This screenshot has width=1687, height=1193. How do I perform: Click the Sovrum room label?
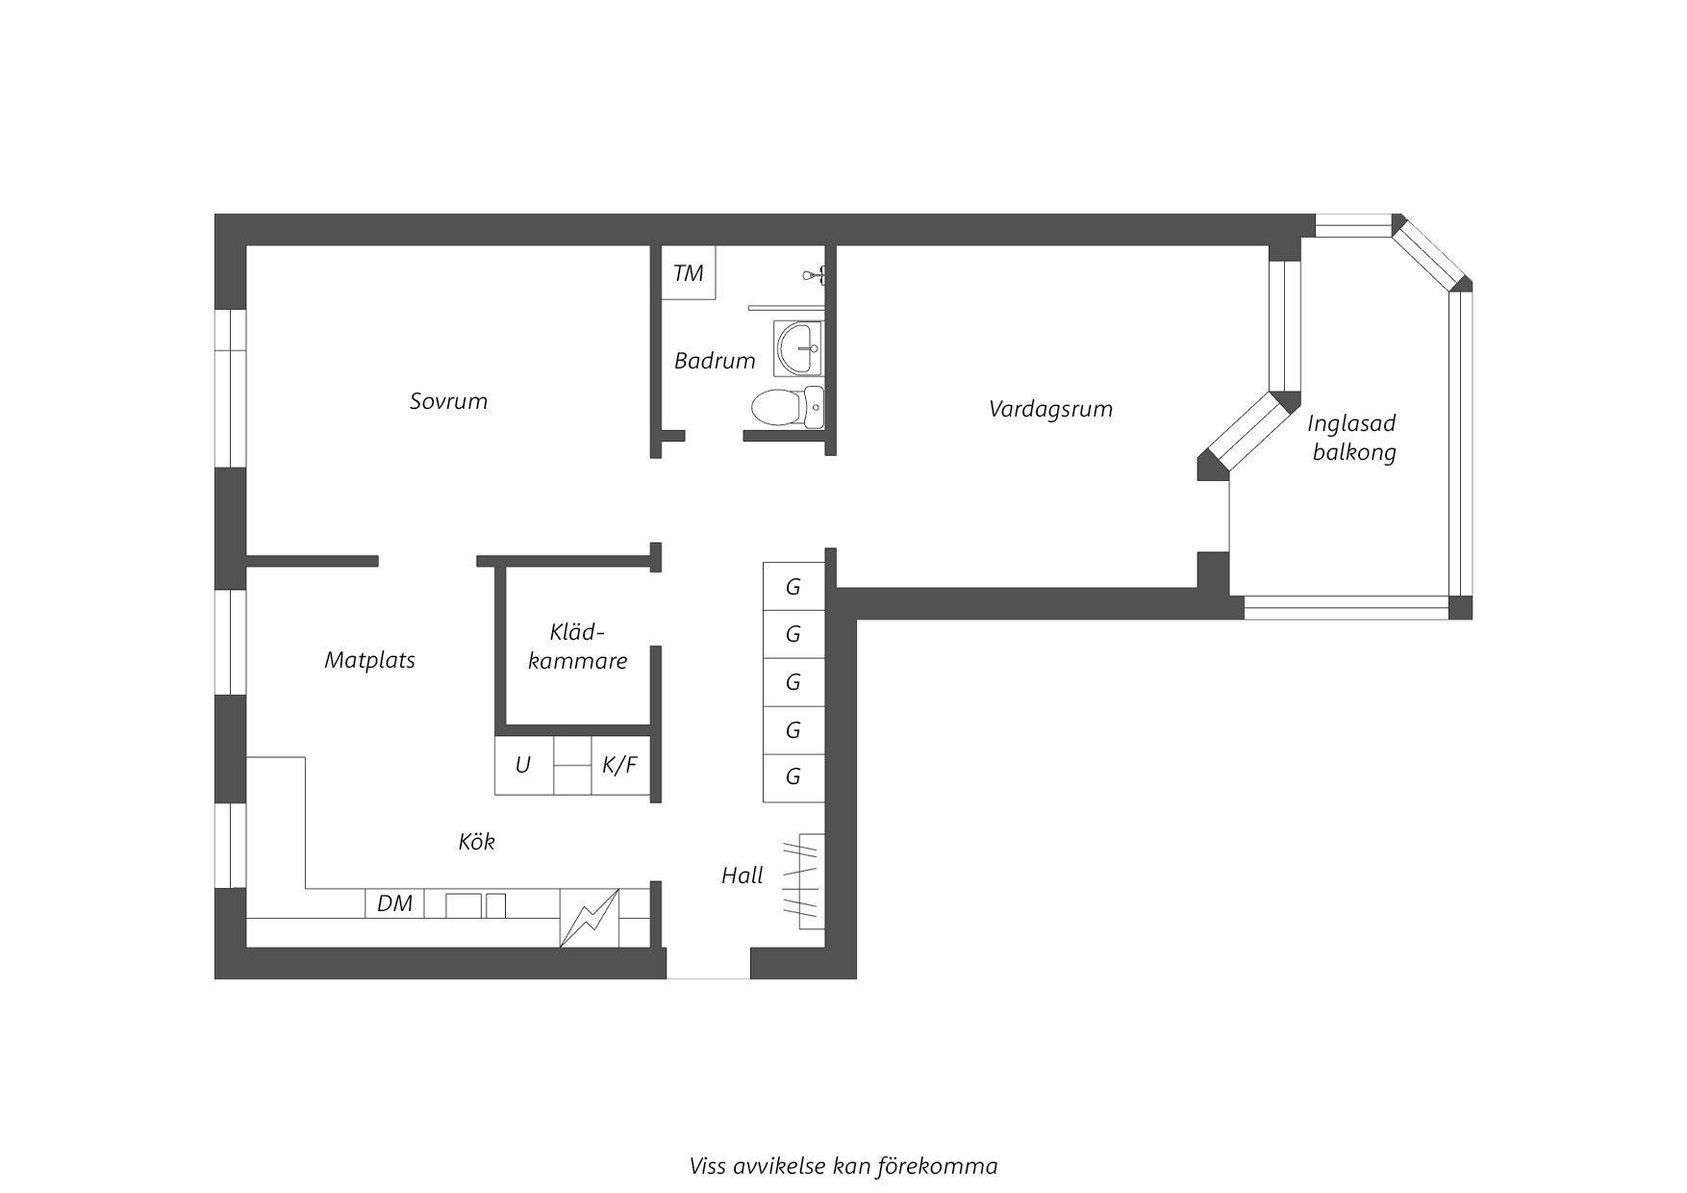448,401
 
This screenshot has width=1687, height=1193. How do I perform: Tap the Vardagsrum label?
1050,409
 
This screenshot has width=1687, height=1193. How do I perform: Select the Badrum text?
715,361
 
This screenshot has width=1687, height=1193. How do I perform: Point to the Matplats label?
369,660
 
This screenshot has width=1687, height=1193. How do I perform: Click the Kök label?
476,842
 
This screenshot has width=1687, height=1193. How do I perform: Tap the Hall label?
743,876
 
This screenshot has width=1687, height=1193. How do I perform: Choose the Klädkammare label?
578,647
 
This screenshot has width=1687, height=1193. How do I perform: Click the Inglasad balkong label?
1353,438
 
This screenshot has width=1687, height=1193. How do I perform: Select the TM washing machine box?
689,273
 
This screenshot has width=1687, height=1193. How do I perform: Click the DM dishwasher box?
394,903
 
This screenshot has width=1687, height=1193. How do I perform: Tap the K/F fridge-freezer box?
620,765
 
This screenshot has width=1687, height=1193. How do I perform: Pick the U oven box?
523,765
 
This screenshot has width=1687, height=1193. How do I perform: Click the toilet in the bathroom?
787,407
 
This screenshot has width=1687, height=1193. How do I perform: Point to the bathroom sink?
798,347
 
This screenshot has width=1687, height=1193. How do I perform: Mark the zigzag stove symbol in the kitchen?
590,918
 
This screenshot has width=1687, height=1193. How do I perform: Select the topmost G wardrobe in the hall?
793,586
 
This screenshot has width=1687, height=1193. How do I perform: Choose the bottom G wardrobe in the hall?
793,777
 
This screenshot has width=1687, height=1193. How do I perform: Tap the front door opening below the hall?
708,963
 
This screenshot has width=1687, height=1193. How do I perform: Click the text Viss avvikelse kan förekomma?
843,1166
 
